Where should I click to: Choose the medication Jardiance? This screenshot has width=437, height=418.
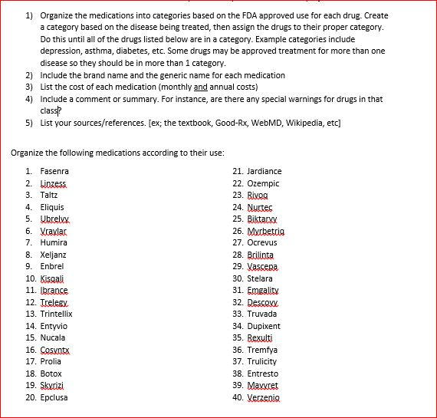click(x=267, y=171)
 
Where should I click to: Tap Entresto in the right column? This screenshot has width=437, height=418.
click(x=266, y=374)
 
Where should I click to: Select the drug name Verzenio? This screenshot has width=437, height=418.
click(x=266, y=397)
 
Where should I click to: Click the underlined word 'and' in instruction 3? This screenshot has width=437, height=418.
click(x=202, y=87)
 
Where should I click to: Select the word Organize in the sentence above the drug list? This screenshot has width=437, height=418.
click(x=30, y=153)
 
